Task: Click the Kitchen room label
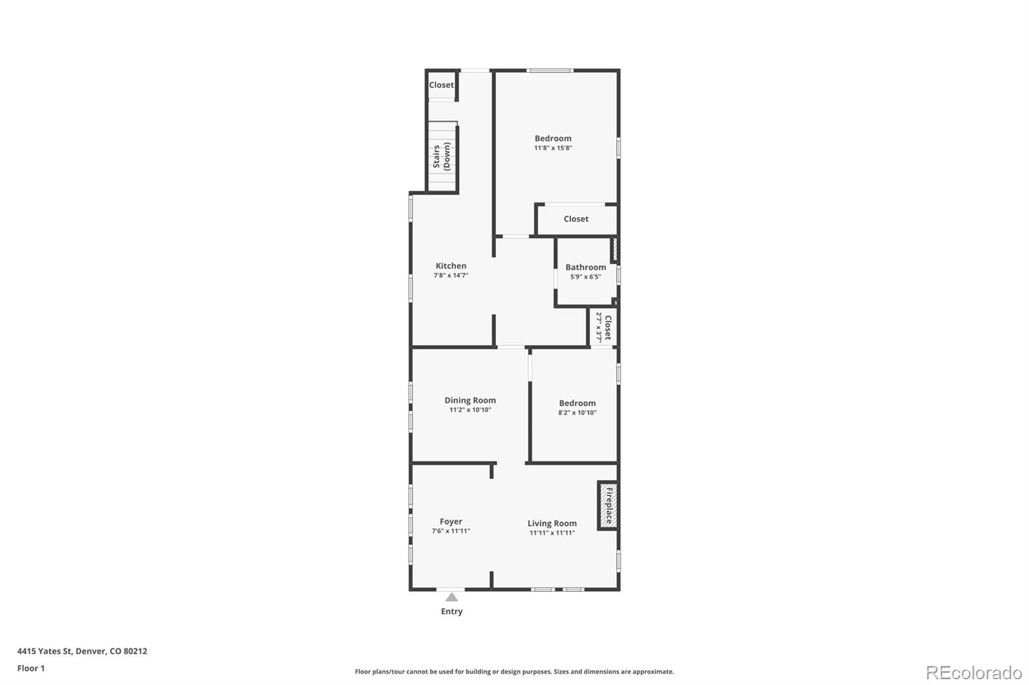(451, 265)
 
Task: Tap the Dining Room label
(470, 400)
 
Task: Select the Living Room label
(552, 523)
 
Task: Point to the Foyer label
(451, 521)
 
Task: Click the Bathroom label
(585, 267)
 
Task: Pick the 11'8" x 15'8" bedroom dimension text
(552, 148)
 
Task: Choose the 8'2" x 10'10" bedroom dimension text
(577, 413)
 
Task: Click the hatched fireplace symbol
(608, 504)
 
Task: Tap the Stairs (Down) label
(441, 156)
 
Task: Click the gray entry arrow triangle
(451, 597)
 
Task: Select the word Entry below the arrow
(451, 611)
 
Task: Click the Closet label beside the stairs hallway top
(441, 85)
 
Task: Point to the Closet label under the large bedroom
(576, 218)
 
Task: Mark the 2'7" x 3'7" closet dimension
(599, 327)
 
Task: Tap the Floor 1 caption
(31, 668)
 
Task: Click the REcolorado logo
(973, 672)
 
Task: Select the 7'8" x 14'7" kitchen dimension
(451, 275)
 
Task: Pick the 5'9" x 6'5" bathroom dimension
(585, 277)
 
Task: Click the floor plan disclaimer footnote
(514, 672)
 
